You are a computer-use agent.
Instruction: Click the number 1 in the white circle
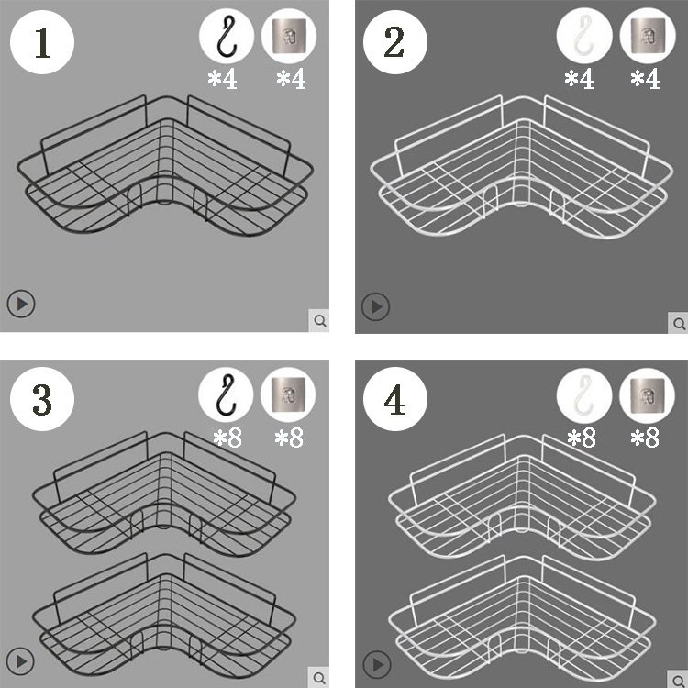point(42,42)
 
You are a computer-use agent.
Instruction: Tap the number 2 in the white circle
point(394,42)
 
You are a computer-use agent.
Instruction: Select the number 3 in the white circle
point(42,400)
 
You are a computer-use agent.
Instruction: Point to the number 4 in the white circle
point(394,400)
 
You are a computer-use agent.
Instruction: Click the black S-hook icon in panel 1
point(227,37)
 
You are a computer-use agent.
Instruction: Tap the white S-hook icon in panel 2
point(583,36)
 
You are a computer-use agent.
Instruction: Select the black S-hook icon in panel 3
point(226,394)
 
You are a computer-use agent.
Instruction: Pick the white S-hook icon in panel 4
point(584,394)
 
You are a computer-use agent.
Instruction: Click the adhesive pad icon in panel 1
point(289,36)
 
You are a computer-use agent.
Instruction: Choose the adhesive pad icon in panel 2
point(648,36)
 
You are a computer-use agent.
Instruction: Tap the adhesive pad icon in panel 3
point(288,394)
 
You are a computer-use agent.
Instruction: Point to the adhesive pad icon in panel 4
point(647,395)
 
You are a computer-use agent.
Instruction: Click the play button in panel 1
point(21,304)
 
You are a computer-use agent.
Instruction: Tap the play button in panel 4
point(377,664)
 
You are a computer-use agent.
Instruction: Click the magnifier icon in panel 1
point(319,321)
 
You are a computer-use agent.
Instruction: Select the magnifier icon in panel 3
point(319,677)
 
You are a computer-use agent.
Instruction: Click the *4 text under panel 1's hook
point(223,80)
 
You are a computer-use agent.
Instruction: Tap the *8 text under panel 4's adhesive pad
point(645,438)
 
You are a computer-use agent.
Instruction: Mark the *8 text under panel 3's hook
point(227,438)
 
